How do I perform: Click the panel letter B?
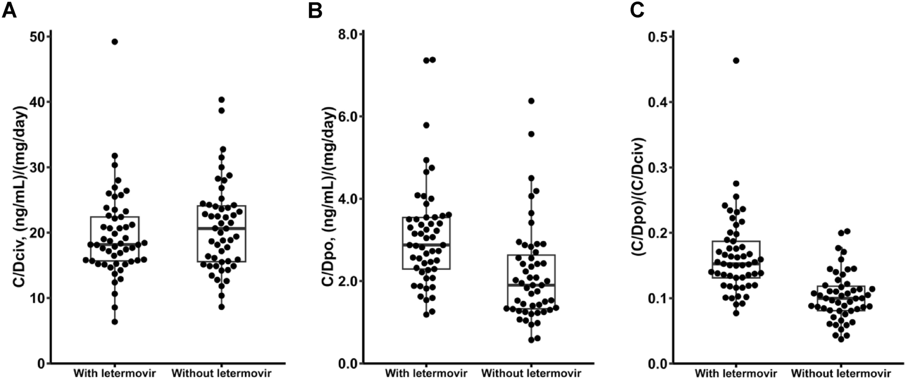315,10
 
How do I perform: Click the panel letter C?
637,10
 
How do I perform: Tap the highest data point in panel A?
114,42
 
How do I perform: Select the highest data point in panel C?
736,60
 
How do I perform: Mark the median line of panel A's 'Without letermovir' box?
221,228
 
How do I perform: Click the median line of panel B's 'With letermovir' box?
426,245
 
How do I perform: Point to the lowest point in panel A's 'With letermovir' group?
114,321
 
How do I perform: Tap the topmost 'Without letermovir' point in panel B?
531,101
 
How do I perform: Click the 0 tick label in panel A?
41,363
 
